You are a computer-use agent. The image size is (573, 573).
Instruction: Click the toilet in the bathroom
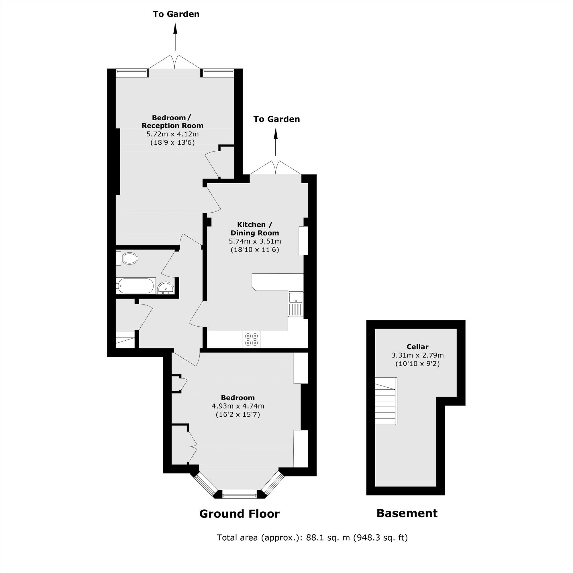(128, 258)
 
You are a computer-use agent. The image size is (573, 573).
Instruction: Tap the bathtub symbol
(136, 286)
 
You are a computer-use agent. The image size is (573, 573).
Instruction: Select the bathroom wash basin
(165, 288)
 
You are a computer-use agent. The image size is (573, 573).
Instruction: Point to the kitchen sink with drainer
(295, 304)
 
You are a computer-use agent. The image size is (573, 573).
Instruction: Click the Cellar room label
(417, 346)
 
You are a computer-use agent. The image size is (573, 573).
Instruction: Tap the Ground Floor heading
(239, 514)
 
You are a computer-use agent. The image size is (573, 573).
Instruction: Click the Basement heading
(407, 513)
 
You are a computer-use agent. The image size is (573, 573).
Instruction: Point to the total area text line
(312, 537)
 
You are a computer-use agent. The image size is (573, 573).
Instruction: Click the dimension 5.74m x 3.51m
(255, 241)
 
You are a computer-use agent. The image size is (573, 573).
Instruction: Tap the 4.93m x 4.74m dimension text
(238, 406)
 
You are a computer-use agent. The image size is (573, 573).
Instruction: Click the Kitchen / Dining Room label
(255, 228)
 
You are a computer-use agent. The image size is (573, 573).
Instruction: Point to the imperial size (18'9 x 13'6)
(172, 143)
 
